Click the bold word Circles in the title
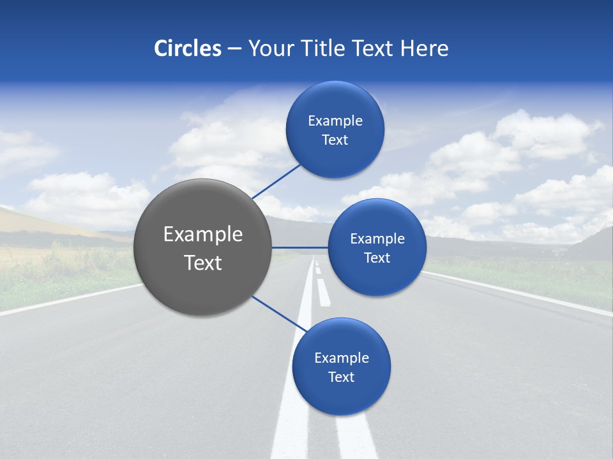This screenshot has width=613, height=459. [188, 48]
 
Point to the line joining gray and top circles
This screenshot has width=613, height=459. [276, 180]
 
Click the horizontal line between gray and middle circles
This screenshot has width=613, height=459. [300, 247]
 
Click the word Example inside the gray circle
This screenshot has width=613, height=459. [203, 235]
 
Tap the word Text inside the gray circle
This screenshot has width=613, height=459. [203, 263]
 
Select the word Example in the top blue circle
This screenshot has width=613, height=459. [335, 121]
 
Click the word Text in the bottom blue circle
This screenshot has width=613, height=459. [341, 377]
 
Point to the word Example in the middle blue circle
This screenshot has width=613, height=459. [377, 239]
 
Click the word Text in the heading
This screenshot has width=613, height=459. [375, 48]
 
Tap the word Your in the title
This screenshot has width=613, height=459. [269, 48]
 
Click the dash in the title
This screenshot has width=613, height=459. [234, 49]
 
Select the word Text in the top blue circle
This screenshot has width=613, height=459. [335, 140]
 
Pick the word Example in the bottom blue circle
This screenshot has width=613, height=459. [342, 358]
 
